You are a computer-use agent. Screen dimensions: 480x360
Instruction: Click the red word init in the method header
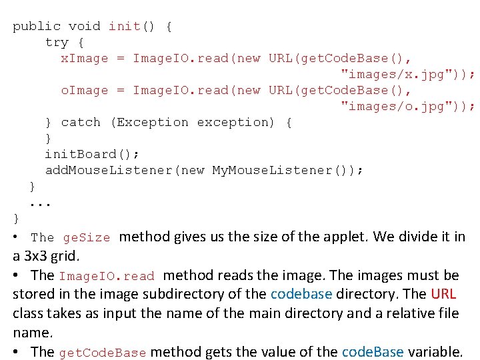click(x=125, y=26)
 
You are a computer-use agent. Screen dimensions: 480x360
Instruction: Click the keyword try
click(x=57, y=42)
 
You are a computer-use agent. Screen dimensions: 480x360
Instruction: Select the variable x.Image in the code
click(x=85, y=58)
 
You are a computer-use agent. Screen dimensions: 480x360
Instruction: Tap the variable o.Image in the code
click(x=85, y=90)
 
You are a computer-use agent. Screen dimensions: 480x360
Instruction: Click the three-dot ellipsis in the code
click(x=41, y=202)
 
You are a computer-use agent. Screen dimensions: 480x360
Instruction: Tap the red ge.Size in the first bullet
click(x=87, y=238)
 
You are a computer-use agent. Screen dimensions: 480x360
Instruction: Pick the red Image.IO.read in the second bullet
click(x=107, y=276)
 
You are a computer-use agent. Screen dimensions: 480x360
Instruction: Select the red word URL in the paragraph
click(x=443, y=294)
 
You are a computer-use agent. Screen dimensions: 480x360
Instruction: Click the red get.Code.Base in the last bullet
click(x=103, y=353)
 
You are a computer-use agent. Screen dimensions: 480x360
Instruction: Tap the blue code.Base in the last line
click(x=372, y=352)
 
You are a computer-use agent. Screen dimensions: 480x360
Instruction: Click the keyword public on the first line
click(x=37, y=26)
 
